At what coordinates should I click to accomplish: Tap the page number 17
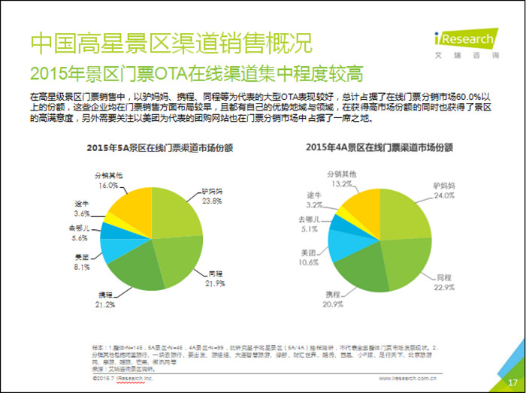[x=503, y=381]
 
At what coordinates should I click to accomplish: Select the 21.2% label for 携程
[x=106, y=305]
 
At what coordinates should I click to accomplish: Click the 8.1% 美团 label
[x=82, y=265]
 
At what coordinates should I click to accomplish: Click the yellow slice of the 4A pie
[x=363, y=201]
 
